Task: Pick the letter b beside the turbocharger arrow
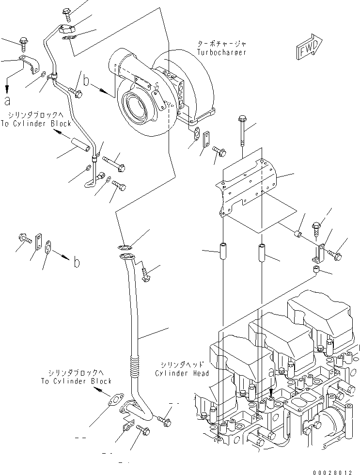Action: [x=86, y=81]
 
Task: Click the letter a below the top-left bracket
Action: [x=7, y=100]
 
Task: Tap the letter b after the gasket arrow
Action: [x=76, y=263]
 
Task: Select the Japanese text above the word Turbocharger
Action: [x=221, y=43]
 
